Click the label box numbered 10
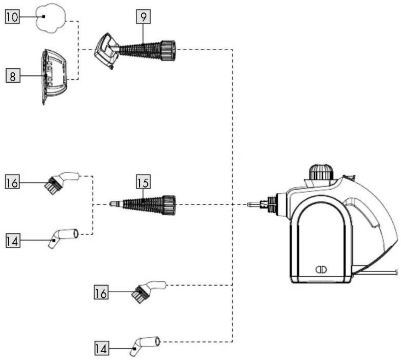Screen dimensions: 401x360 coord(12,17)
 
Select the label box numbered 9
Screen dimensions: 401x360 coord(143,17)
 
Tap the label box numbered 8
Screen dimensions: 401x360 coord(13,76)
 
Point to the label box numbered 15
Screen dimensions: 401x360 coord(143,182)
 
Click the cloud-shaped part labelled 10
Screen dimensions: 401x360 coord(51,18)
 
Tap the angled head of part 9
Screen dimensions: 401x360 coord(105,50)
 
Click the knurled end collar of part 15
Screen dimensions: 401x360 coord(169,205)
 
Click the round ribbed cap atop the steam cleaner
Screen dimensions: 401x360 coord(321,172)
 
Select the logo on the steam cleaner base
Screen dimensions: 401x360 coord(321,270)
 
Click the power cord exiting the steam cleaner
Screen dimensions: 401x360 coord(375,273)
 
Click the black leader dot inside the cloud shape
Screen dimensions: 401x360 coord(44,16)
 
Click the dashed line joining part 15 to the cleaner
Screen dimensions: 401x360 coord(212,205)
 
